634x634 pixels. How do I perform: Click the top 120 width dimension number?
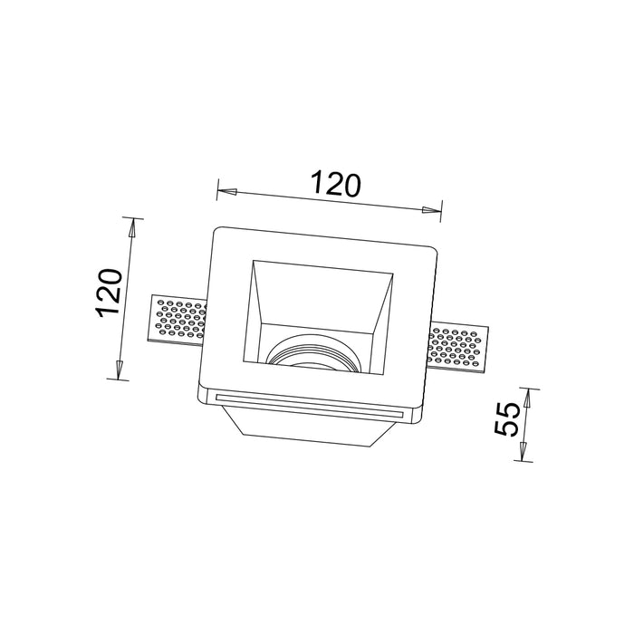coord(335,185)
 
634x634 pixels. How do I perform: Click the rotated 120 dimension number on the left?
coord(109,292)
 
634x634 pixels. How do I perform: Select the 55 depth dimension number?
coord(506,418)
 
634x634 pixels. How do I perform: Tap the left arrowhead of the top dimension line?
coord(226,191)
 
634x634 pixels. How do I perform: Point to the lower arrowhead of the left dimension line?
coord(120,370)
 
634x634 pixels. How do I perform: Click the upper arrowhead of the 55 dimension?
coord(527,399)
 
